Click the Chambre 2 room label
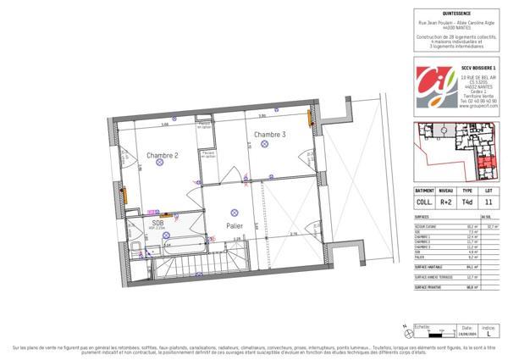162,155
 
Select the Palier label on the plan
235,225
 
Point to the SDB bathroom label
158,223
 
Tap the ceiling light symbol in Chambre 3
265,145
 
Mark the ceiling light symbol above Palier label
235,211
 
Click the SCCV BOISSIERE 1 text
472,66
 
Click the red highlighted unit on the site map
485,165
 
